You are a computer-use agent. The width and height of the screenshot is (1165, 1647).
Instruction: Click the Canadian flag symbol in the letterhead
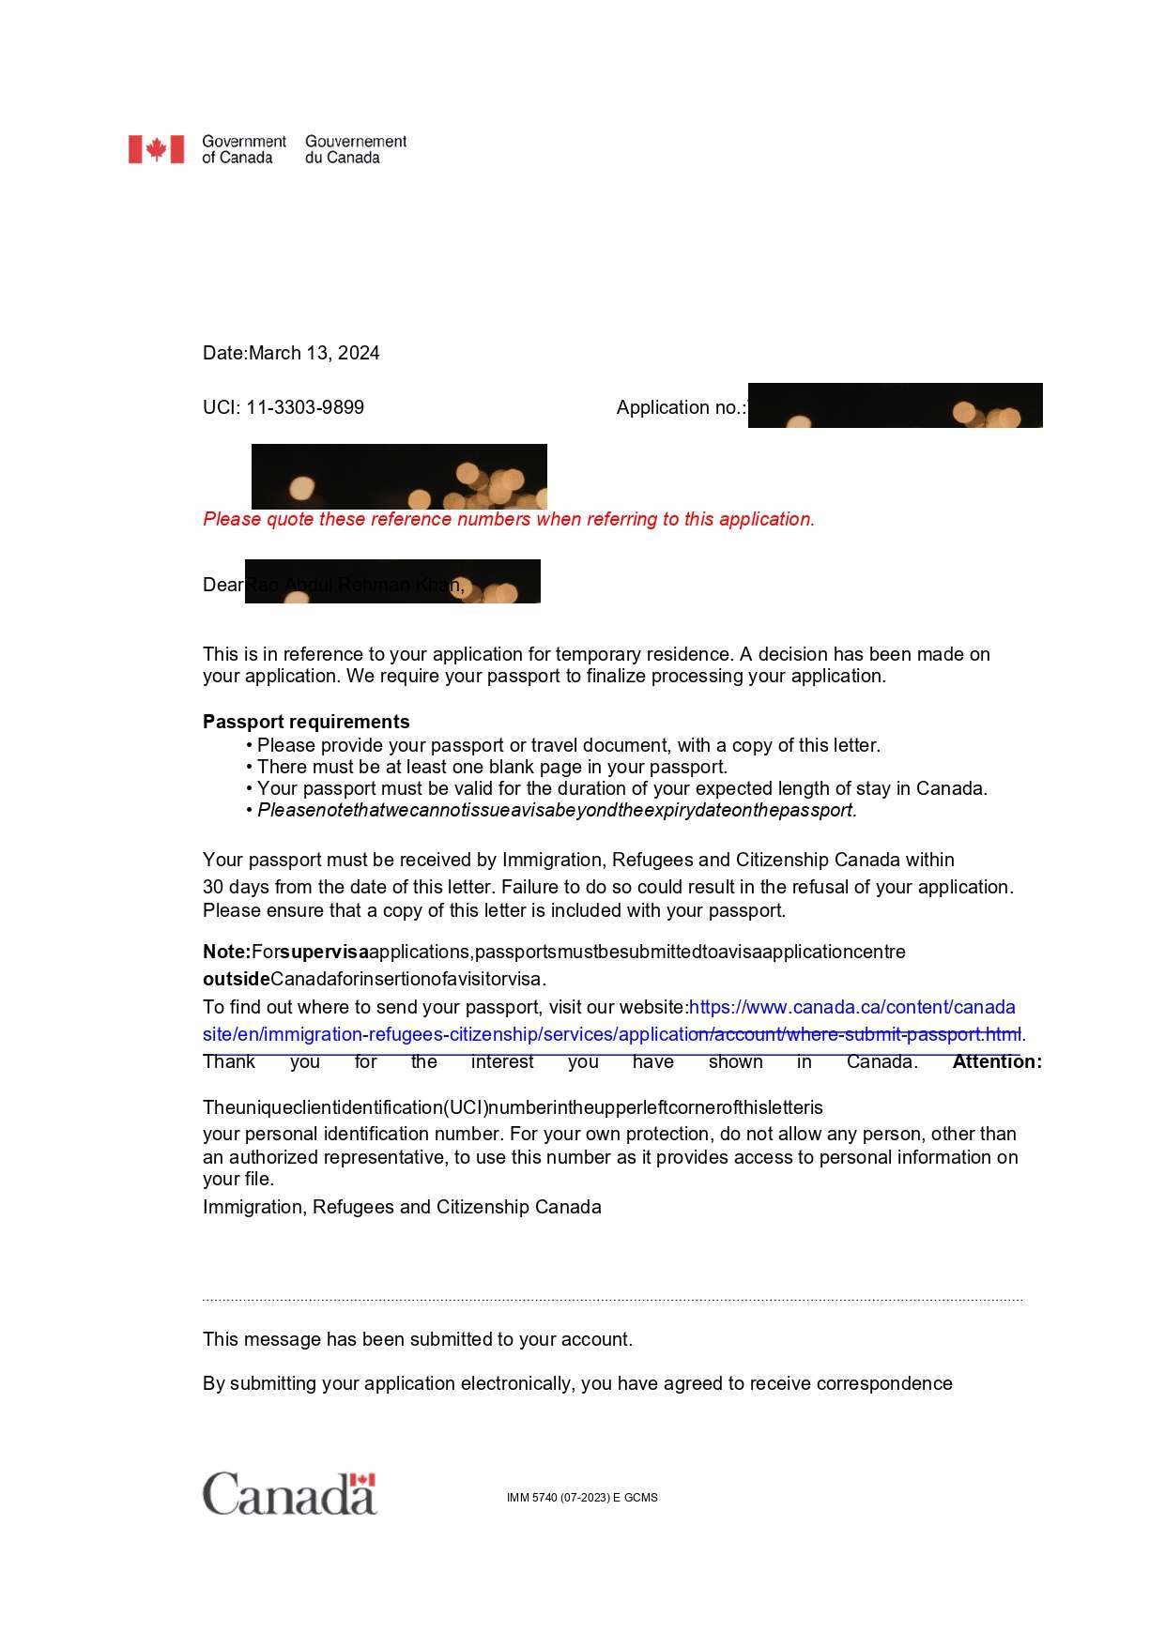coord(156,149)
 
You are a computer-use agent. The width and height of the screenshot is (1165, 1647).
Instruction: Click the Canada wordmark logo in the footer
coord(289,1493)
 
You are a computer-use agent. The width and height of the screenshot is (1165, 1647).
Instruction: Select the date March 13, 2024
coord(314,353)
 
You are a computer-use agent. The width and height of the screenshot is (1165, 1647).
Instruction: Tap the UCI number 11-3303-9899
coord(305,407)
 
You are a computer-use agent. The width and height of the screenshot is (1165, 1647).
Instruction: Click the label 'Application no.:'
coord(681,407)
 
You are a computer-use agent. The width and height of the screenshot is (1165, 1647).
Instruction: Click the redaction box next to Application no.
coord(895,405)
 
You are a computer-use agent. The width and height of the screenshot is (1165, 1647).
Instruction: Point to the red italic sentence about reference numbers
coord(509,519)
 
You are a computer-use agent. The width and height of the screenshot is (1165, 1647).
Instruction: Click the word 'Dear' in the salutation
coord(222,585)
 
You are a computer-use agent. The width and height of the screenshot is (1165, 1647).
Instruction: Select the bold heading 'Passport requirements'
coord(306,722)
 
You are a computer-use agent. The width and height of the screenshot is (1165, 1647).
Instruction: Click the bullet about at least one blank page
coord(492,767)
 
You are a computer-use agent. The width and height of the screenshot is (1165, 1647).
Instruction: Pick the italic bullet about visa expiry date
coord(557,810)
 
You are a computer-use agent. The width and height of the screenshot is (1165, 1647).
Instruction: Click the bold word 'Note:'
coord(226,952)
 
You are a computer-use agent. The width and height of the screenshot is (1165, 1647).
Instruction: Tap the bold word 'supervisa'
coord(324,952)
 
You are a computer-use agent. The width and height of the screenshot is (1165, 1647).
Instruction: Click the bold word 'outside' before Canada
coord(236,979)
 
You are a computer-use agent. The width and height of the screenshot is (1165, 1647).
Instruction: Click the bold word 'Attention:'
coord(997,1061)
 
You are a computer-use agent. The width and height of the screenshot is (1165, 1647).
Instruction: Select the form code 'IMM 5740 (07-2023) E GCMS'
coord(582,1498)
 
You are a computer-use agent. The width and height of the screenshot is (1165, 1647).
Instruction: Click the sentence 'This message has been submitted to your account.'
coord(418,1339)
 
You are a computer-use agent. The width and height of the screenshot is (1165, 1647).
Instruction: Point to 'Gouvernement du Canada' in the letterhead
coord(356,149)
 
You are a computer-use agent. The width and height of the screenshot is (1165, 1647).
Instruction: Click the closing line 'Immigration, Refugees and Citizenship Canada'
coord(402,1207)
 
